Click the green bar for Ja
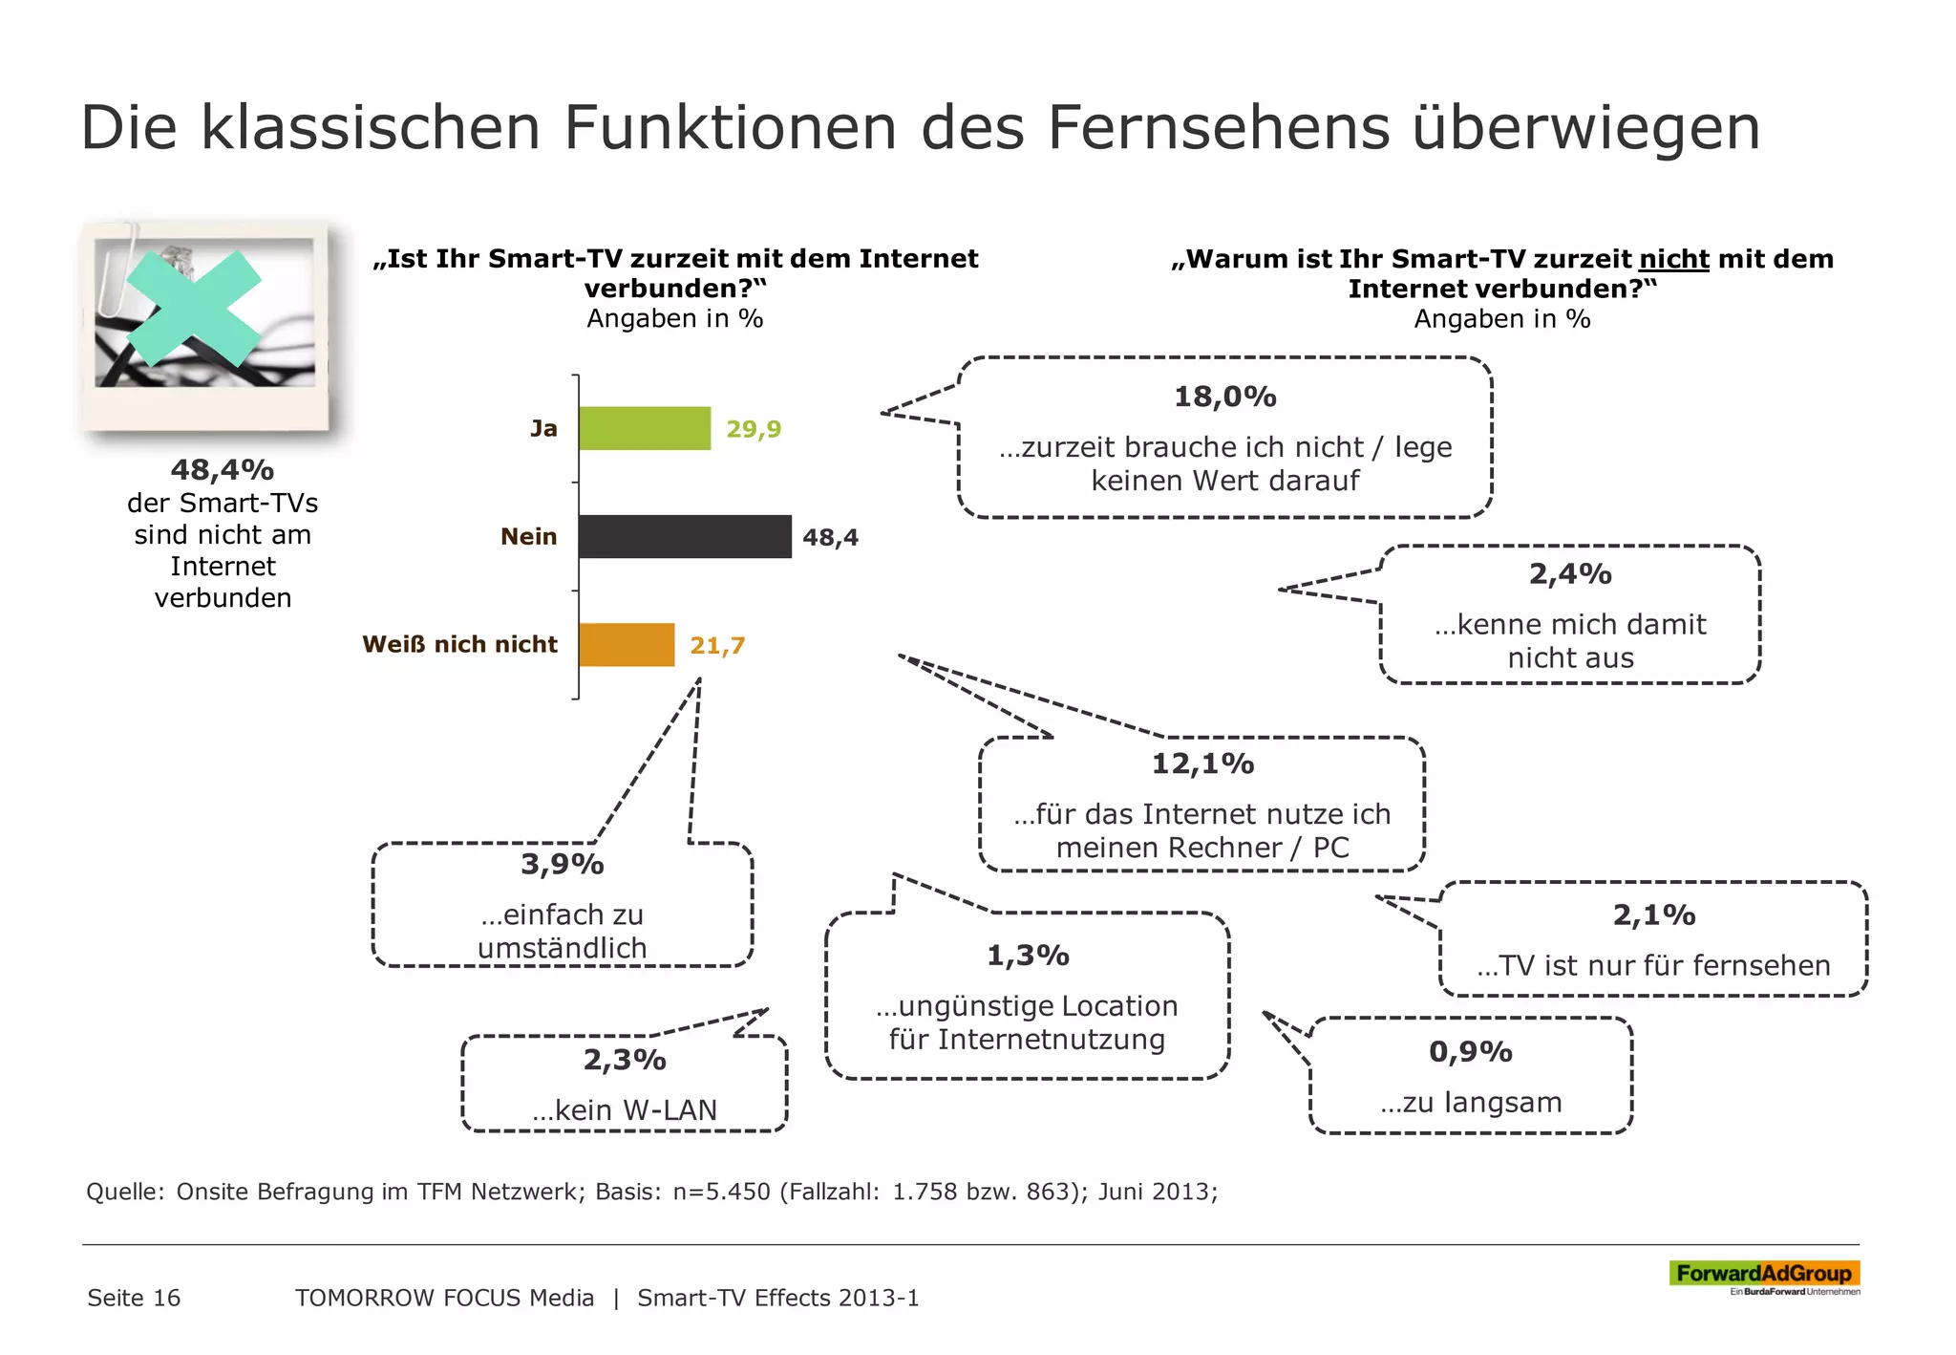tap(645, 428)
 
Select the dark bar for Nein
tap(685, 536)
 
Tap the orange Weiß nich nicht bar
tap(627, 645)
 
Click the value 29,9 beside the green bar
tap(754, 429)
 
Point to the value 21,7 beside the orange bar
tap(717, 646)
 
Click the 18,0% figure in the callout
tap(1224, 397)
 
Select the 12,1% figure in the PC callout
tap(1202, 764)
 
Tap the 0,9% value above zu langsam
tap(1470, 1052)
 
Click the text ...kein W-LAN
tap(625, 1110)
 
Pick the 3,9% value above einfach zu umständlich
tap(562, 865)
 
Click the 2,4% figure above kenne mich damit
tap(1570, 574)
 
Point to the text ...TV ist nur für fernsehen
tap(1653, 965)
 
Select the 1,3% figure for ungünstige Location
tap(1028, 956)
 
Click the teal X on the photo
tap(194, 308)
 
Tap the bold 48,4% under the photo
tap(223, 470)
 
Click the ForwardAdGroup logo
tap(1763, 1274)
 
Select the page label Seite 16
tap(134, 1298)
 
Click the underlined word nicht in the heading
tap(1673, 259)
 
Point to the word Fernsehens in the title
tap(1218, 127)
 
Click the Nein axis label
tap(528, 537)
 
